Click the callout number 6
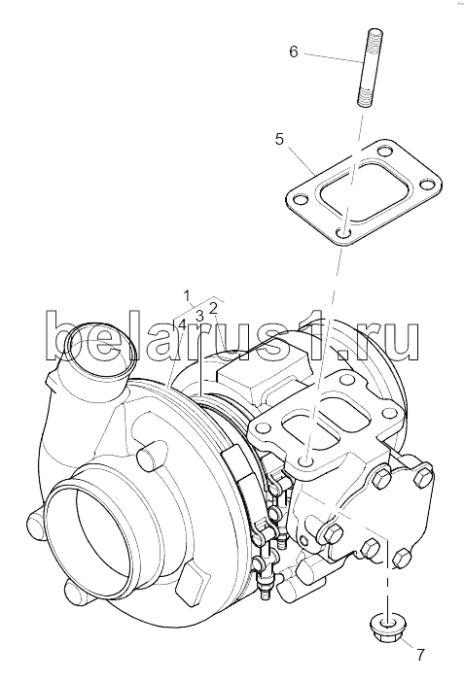[x=294, y=52]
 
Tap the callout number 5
[x=279, y=140]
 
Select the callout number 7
[x=420, y=655]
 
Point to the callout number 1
[x=187, y=296]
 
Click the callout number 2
[x=213, y=308]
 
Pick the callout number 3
[x=199, y=317]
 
